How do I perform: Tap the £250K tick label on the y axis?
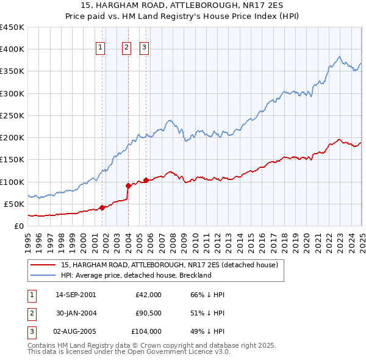12,115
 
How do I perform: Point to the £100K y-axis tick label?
12,182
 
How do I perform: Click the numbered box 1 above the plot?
100,49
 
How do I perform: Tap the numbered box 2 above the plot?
126,49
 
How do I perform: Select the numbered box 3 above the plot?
144,49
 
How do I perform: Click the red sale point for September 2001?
102,207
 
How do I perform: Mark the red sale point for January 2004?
128,185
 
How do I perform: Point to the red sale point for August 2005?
146,180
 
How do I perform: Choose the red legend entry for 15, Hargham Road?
170,265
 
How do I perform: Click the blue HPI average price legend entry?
135,275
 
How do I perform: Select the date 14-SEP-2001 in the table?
76,295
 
